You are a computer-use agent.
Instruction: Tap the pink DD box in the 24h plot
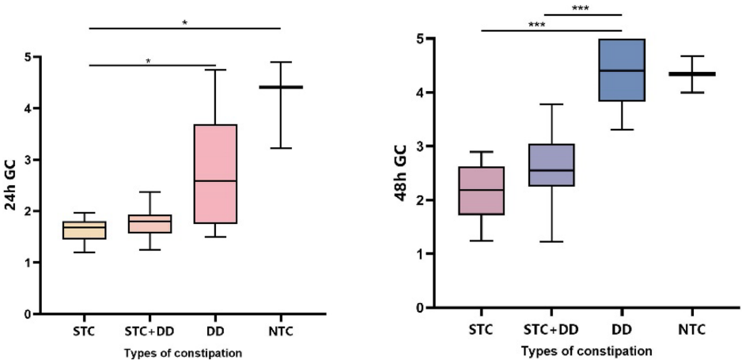click(x=215, y=174)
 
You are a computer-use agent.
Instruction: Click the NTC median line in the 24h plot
click(x=281, y=87)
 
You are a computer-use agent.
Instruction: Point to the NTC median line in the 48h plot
click(x=692, y=74)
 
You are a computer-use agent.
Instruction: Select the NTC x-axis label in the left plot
click(x=281, y=330)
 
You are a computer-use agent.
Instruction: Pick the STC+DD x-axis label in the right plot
click(x=552, y=328)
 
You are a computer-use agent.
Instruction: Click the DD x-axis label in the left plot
click(x=215, y=330)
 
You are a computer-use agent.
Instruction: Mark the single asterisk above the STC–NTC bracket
click(x=184, y=23)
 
